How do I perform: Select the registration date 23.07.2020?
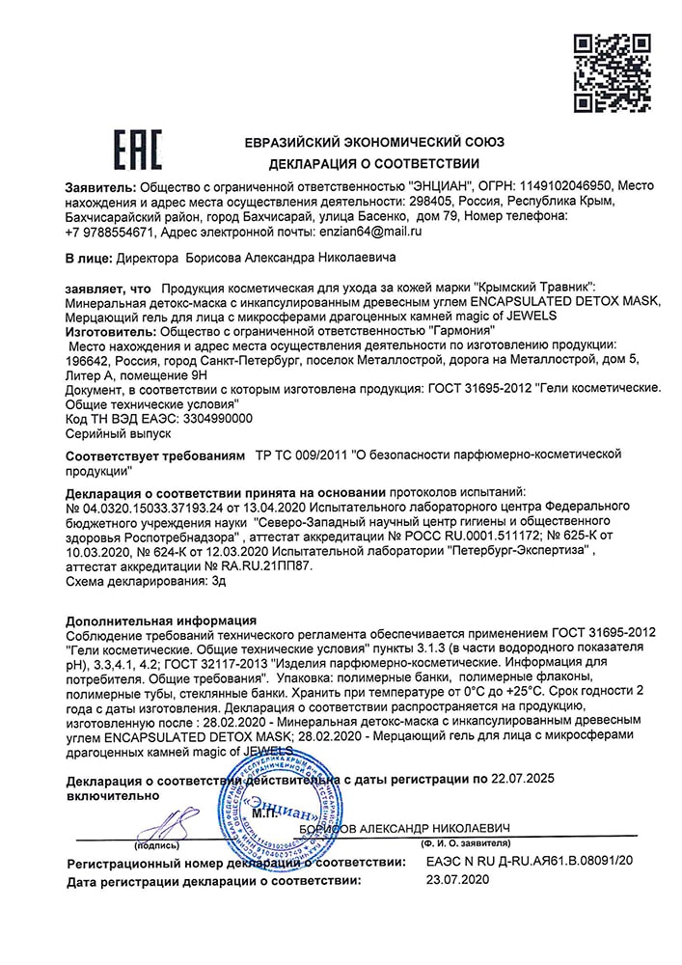tap(458, 881)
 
